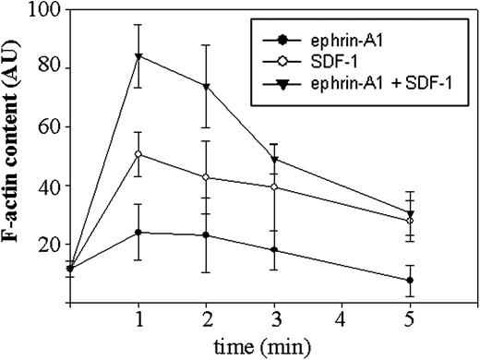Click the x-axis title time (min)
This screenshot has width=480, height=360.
pos(274,346)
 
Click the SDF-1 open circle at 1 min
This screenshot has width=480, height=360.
pos(138,154)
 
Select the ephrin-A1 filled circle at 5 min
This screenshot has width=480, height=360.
pos(409,280)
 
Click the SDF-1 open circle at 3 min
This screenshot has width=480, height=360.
pos(273,186)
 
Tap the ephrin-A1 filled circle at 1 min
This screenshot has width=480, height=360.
pos(138,232)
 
